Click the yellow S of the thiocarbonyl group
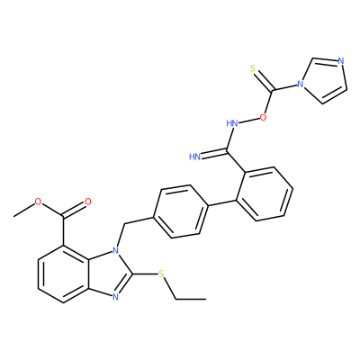253,69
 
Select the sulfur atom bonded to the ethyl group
161,274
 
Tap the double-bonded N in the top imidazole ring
340,61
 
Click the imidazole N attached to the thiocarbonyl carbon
300,84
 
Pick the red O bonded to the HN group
263,117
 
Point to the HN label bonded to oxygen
232,123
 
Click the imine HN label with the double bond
195,157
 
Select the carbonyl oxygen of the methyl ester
87,202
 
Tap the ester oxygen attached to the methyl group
38,202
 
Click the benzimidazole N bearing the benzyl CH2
115,249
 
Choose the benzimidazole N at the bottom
115,298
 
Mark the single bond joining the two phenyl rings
222,203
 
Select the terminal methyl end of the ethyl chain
206,299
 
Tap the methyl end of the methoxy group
13,216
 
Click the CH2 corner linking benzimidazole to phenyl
123,223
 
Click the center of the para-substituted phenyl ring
181,211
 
